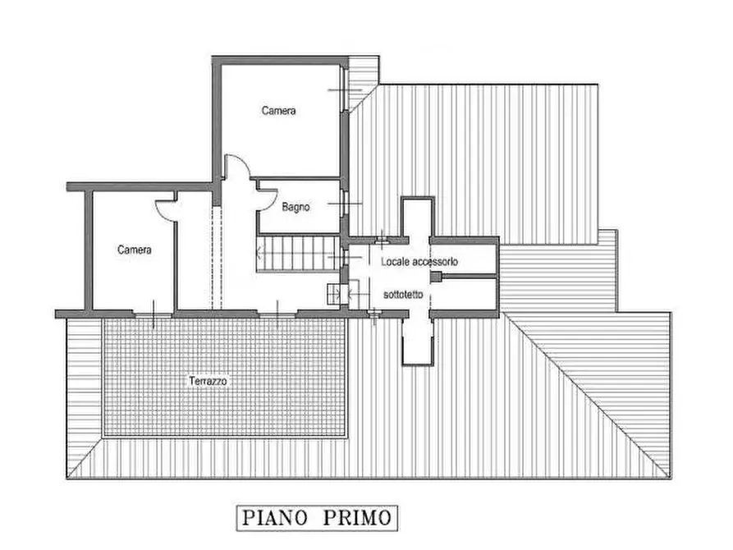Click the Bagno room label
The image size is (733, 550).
click(x=295, y=207)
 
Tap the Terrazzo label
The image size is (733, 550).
click(x=208, y=381)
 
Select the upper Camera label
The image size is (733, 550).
click(x=278, y=110)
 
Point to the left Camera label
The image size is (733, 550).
click(x=134, y=250)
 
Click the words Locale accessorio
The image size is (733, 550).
click(x=419, y=261)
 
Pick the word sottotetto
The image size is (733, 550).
click(x=403, y=294)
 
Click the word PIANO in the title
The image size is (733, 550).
click(x=275, y=518)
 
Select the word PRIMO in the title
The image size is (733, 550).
click(x=358, y=518)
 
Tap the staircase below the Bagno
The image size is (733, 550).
click(x=298, y=253)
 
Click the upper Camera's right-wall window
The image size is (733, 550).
click(x=345, y=89)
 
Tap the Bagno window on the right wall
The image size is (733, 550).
click(x=345, y=204)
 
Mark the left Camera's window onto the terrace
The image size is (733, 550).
click(x=153, y=314)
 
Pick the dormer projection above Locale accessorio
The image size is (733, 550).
click(x=418, y=217)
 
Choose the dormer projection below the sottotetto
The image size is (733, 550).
click(x=418, y=341)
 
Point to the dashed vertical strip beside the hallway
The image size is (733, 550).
click(x=217, y=258)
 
